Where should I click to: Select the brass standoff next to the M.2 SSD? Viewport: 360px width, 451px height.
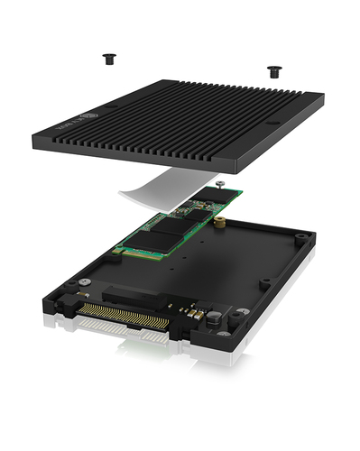[x=218, y=219]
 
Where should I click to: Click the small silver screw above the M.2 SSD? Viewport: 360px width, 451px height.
[x=220, y=185]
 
